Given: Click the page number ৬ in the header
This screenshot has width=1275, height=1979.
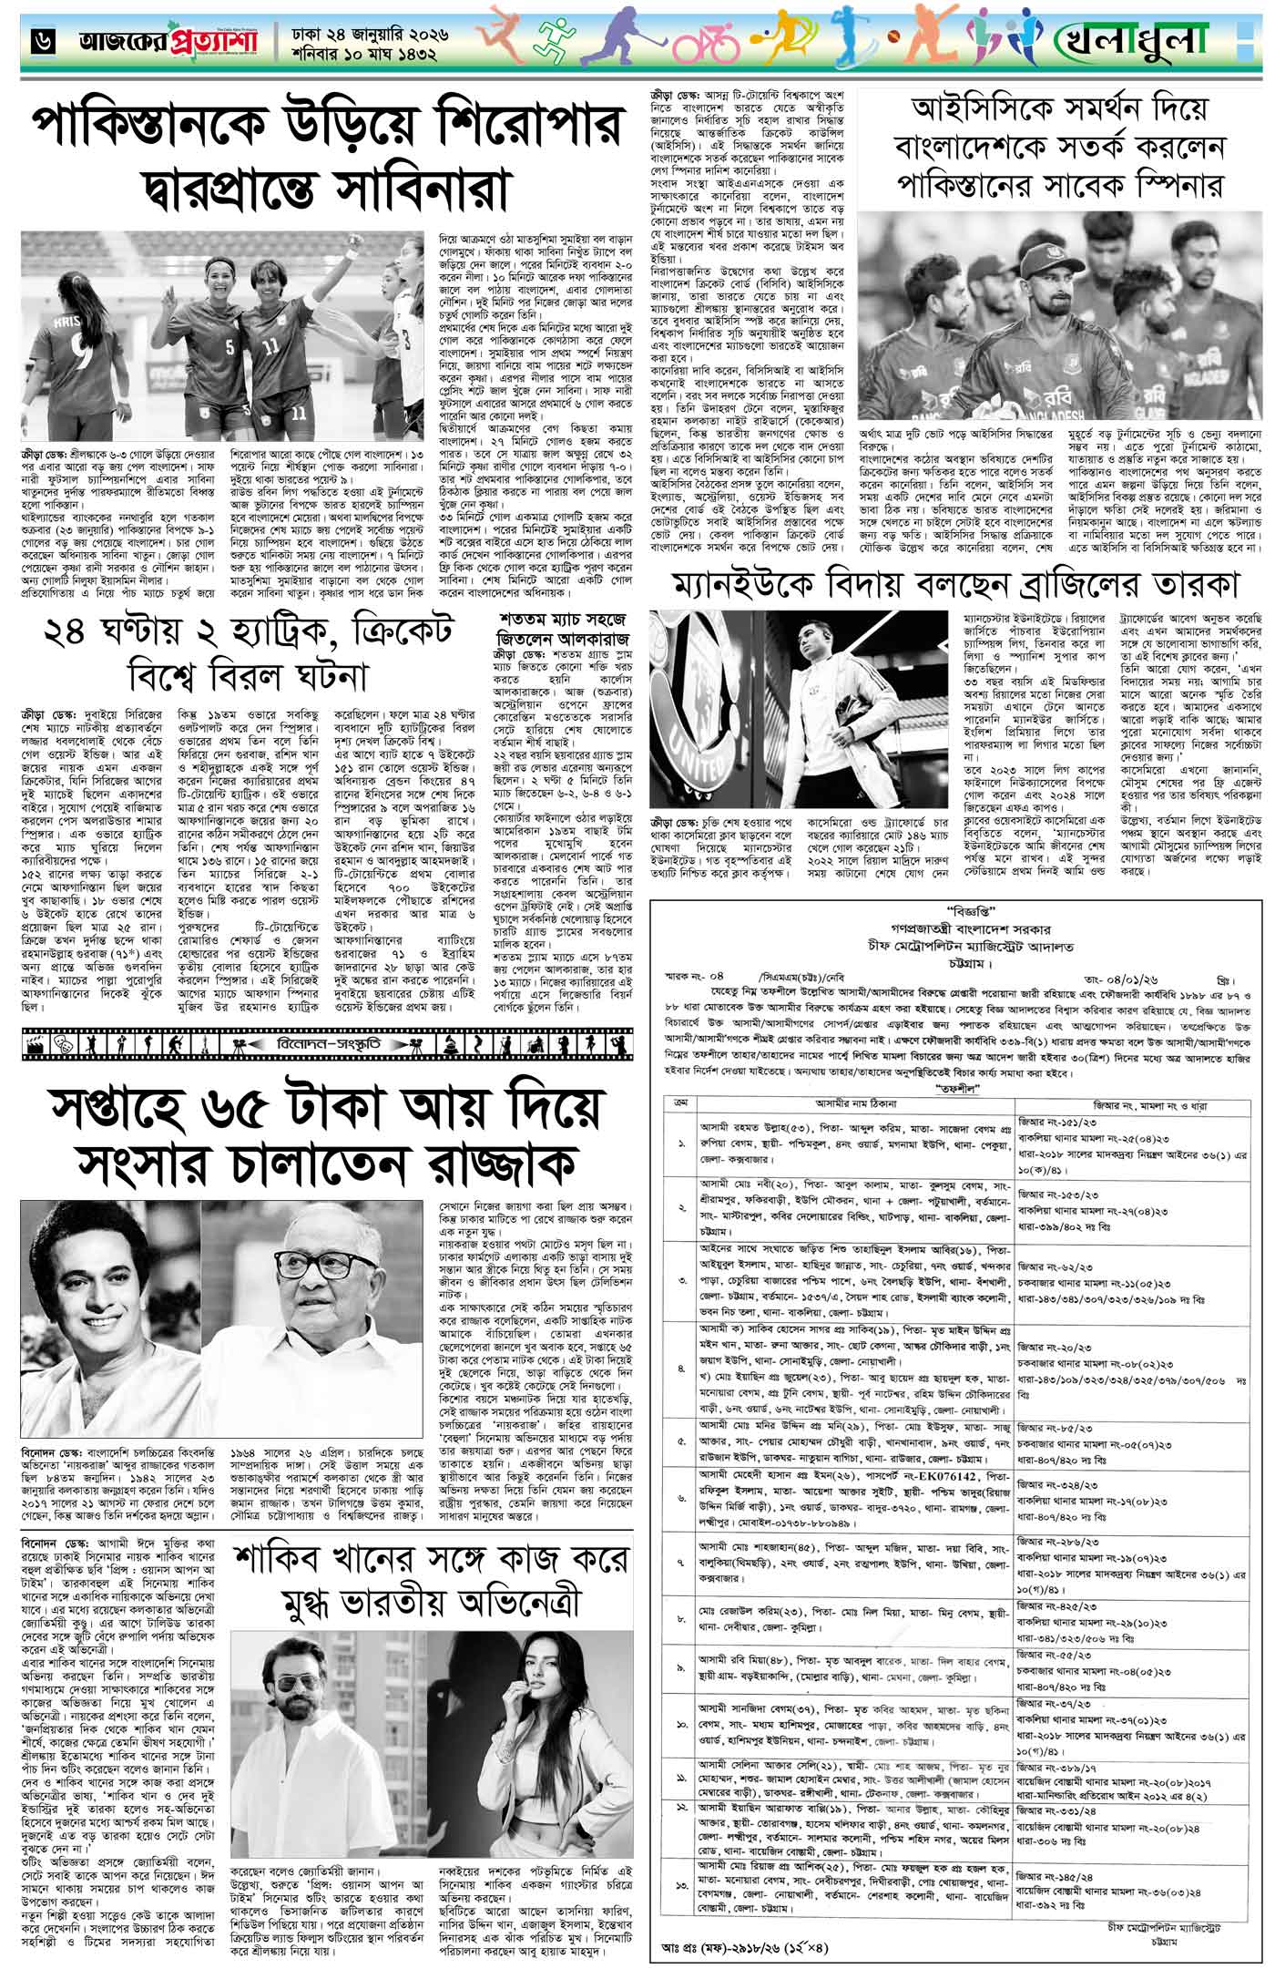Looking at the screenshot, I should click(42, 39).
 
